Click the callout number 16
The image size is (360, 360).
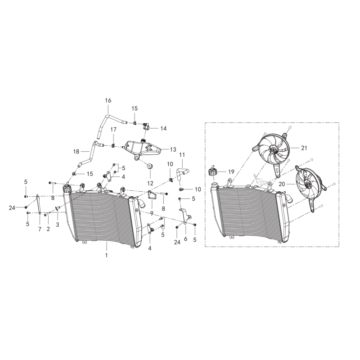[x=108, y=100]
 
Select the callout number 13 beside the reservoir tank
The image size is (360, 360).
[x=173, y=149]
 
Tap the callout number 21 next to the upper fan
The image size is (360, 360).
[x=304, y=148]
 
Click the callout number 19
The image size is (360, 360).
[x=231, y=172]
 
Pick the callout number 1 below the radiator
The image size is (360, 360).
[x=107, y=255]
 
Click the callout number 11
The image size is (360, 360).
[x=182, y=155]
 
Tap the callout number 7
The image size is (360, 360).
[x=40, y=229]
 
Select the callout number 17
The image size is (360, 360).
[x=113, y=130]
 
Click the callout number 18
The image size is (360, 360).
[x=76, y=152]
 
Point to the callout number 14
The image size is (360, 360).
[x=163, y=129]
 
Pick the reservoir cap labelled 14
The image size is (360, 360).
[x=146, y=126]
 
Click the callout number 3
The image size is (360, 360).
[x=58, y=225]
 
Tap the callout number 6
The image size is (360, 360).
[x=185, y=239]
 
